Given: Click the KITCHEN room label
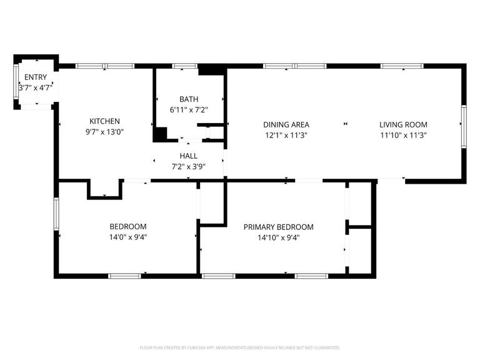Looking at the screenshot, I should [104, 121].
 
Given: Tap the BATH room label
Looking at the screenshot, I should [189, 99].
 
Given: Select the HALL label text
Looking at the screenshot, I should [188, 156].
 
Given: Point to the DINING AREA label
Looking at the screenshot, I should [286, 124].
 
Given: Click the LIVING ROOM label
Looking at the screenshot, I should [403, 124].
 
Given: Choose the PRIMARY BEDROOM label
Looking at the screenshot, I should [278, 227].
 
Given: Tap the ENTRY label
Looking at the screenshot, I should [35, 77].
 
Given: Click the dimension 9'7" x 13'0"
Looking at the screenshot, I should [104, 132].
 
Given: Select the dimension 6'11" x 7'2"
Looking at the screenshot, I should [189, 110].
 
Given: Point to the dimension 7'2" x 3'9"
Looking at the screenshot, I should [188, 166].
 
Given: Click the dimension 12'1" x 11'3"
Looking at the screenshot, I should [286, 135].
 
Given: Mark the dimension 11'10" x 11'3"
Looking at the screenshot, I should [403, 135].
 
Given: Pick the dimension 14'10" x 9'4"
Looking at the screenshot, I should [278, 237].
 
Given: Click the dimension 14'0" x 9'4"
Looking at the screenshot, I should [127, 237].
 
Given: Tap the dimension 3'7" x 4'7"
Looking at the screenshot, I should [36, 88].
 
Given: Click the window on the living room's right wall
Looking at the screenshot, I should [464, 127].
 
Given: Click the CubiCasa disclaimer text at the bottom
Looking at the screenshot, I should [240, 347].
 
